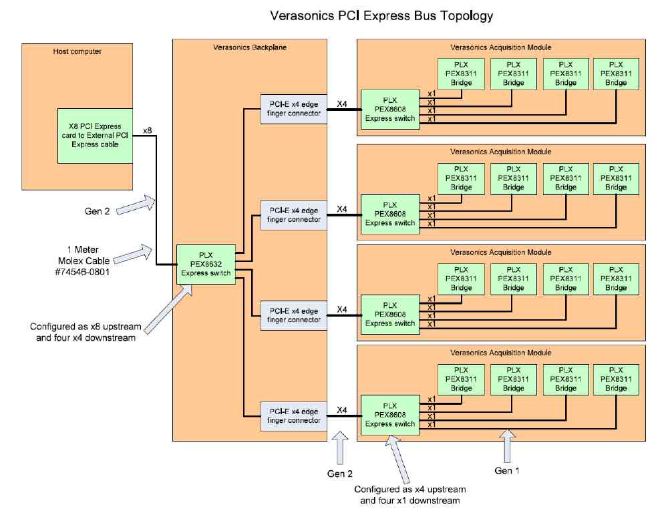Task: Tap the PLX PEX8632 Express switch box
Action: pyautogui.click(x=206, y=265)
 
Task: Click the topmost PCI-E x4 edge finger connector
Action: pyautogui.click(x=294, y=108)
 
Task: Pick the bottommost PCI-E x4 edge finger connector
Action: pyautogui.click(x=294, y=415)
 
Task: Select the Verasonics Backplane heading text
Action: pyautogui.click(x=250, y=47)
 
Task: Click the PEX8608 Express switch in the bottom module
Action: pyautogui.click(x=390, y=415)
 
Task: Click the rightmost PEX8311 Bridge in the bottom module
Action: pyautogui.click(x=616, y=379)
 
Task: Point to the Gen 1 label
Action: pyautogui.click(x=508, y=470)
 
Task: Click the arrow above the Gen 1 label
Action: pyautogui.click(x=508, y=444)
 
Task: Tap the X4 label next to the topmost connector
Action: pyautogui.click(x=341, y=104)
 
